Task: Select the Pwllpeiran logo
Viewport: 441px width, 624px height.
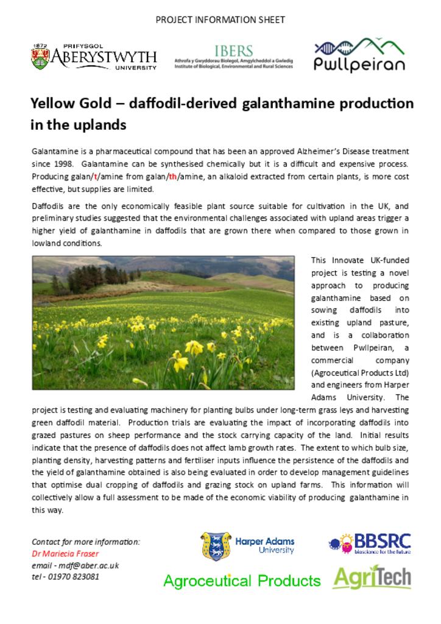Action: click(359, 55)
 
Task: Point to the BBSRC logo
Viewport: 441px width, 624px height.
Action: click(370, 543)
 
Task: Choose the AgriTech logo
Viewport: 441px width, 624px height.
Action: click(372, 578)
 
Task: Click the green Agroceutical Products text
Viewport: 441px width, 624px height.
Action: click(242, 581)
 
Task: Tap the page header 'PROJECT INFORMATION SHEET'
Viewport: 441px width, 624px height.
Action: click(220, 19)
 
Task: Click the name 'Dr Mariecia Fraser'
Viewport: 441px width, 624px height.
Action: click(65, 553)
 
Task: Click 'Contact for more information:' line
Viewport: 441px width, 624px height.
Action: click(86, 542)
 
